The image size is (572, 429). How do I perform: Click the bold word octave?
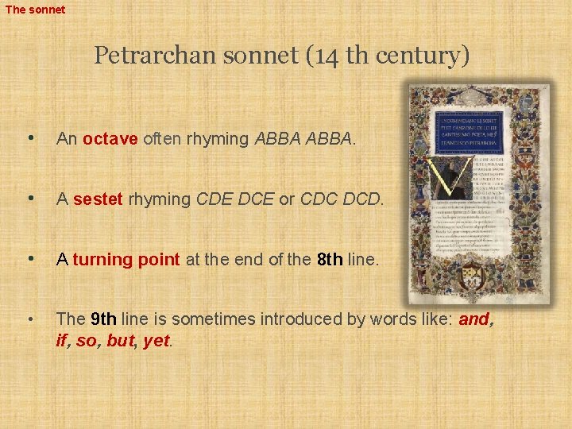pyautogui.click(x=110, y=139)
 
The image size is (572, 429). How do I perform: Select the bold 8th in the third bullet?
pyautogui.click(x=330, y=259)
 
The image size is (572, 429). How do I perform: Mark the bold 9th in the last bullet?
pyautogui.click(x=104, y=319)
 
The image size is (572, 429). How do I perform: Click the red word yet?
pyautogui.click(x=156, y=341)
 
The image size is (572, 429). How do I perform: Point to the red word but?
pyautogui.click(x=121, y=341)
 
